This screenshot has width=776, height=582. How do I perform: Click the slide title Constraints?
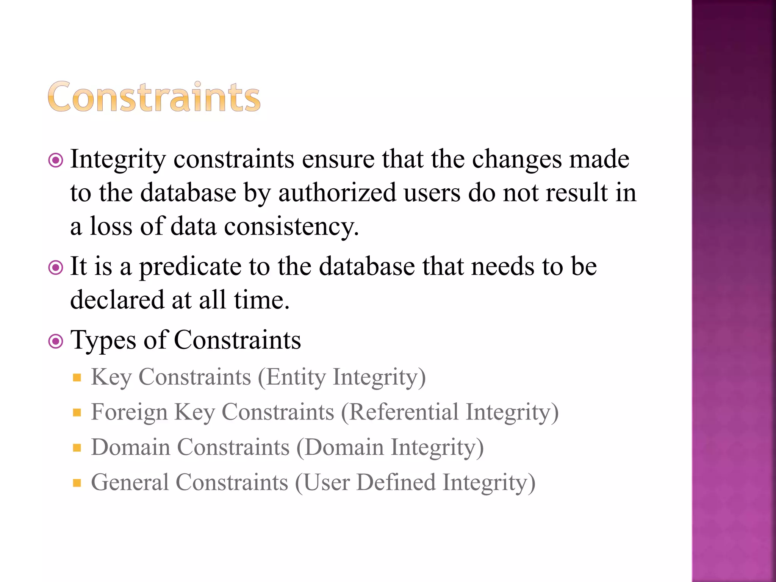coord(154,97)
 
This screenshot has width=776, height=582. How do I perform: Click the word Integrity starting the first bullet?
coord(118,159)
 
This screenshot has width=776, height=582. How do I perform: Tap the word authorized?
coord(337,192)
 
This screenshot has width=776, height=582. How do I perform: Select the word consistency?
coord(291,226)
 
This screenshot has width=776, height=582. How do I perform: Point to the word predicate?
coord(190,267)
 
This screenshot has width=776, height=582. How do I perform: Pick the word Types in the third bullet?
coord(103,340)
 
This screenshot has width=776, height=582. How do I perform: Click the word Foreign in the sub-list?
coord(129,412)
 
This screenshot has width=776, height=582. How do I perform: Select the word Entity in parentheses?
coord(296,377)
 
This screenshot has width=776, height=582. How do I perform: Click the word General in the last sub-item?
coord(130,482)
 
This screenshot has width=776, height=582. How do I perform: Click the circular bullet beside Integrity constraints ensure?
coord(56,161)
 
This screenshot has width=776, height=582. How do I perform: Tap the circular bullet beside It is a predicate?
coord(56,268)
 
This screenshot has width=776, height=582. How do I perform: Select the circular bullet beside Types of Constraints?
coord(56,341)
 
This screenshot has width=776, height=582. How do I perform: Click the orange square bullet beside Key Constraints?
coord(77,377)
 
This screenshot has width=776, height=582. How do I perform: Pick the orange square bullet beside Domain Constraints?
coord(77,448)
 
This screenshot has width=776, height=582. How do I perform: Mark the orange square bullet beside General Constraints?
coord(77,483)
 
